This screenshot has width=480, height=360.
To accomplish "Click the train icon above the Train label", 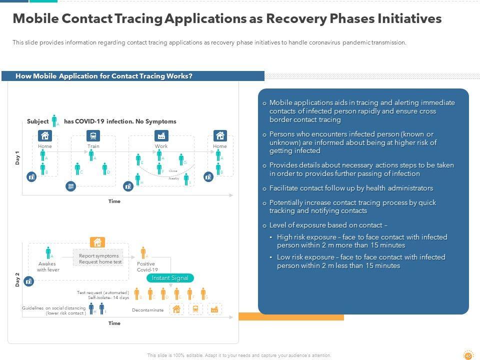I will [93, 135].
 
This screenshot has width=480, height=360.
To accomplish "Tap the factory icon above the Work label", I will [161, 135].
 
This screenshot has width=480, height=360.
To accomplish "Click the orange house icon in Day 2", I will [97, 242].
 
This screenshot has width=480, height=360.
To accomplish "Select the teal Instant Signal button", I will [170, 278].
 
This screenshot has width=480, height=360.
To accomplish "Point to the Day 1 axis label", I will [17, 158].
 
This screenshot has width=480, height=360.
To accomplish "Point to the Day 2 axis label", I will [17, 279].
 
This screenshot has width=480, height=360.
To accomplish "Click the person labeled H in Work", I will [137, 178].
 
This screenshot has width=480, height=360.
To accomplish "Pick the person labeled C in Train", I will [77, 169].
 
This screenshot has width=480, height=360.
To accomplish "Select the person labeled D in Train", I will [105, 169].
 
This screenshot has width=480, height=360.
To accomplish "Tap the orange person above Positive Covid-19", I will [143, 252].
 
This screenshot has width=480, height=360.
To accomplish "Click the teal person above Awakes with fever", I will [48, 252].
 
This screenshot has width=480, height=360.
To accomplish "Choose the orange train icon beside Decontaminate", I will [195, 309].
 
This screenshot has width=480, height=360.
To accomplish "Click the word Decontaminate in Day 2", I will [147, 310].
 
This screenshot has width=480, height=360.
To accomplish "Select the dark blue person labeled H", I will [91, 308].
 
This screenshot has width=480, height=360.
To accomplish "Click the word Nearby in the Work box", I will [173, 178].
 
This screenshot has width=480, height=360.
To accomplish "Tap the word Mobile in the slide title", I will [34, 18].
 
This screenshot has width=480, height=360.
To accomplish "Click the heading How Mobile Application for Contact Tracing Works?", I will [104, 76].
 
